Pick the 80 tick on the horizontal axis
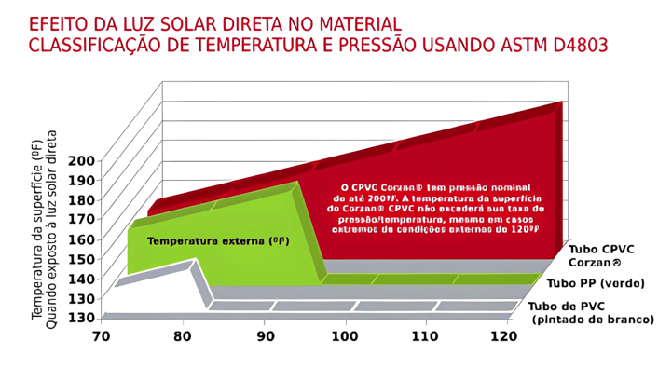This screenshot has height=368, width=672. tap(184, 335)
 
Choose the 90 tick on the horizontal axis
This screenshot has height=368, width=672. tap(266, 335)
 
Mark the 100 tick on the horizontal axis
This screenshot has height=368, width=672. tap(347, 335)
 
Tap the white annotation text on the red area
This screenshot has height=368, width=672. tap(434, 206)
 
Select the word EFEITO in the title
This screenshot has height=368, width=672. tap(63, 23)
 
